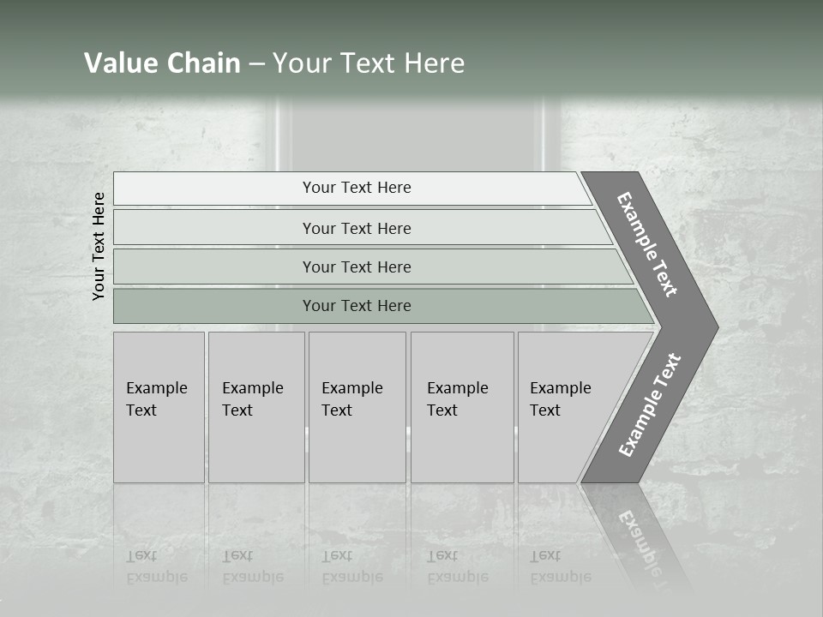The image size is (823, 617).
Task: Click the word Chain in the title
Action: pos(204,63)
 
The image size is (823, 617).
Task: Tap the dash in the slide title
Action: pos(256,64)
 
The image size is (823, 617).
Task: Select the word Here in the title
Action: pos(434,63)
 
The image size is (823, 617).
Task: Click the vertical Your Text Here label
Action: pos(99,246)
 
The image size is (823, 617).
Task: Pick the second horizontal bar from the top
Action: pos(356,228)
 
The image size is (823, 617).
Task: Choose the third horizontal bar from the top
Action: pos(356,267)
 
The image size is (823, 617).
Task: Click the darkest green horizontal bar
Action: pos(356,306)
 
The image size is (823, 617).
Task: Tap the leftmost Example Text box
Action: pos(159,406)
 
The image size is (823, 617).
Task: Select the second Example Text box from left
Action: pos(255,406)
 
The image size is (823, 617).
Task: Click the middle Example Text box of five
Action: pos(357,406)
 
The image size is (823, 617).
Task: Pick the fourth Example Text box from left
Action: pos(462,406)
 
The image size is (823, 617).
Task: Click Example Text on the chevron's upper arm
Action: pos(647,244)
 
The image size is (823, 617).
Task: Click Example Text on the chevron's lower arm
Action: pos(650,405)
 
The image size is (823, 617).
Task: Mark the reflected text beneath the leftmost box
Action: pos(157,566)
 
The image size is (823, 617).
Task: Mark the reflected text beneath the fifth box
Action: pos(561,566)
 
